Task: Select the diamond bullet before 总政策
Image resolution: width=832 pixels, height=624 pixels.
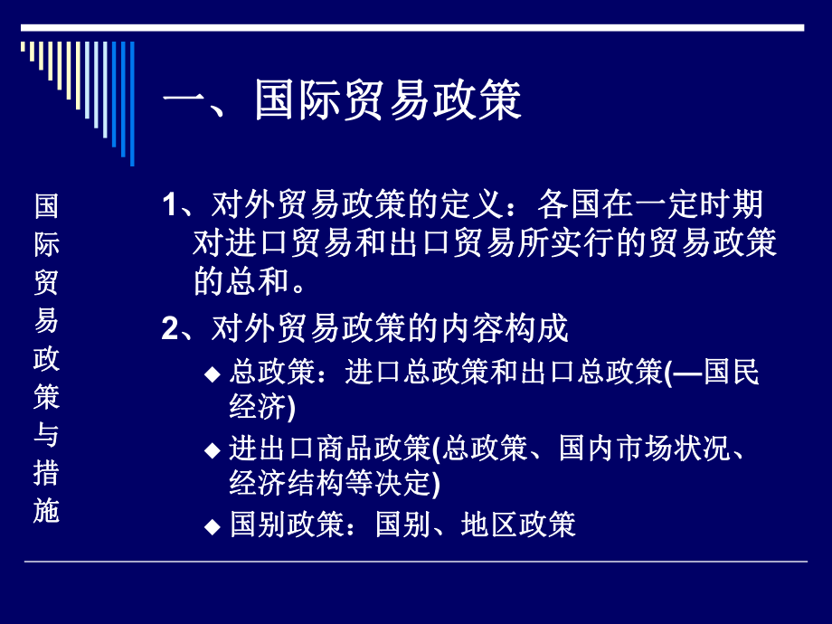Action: coord(212,374)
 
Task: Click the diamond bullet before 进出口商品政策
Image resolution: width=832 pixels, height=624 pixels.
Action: coord(212,450)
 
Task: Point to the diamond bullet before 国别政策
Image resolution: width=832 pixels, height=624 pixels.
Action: coord(212,526)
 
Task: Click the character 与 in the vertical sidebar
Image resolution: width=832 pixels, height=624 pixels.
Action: coord(46,435)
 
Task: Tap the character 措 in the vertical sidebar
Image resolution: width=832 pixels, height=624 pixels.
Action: coord(46,473)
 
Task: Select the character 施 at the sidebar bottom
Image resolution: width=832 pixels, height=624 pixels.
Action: coord(46,512)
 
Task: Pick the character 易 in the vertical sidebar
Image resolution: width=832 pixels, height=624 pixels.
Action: coord(46,320)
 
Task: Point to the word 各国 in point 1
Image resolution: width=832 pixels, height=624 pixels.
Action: coord(566,204)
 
